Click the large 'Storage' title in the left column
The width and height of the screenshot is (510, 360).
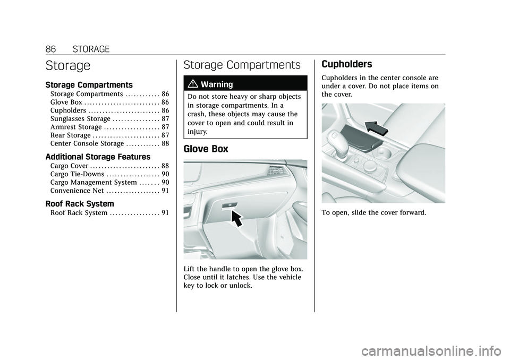tap(68, 66)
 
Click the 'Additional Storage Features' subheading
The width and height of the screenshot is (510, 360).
tap(98, 157)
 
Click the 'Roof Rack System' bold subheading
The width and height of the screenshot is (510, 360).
tap(80, 203)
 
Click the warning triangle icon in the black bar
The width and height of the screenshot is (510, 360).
tap(193, 84)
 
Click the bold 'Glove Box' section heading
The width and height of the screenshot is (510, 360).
tap(206, 149)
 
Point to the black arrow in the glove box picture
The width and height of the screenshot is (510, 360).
tap(240, 217)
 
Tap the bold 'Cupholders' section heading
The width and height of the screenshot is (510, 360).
tap(346, 64)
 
